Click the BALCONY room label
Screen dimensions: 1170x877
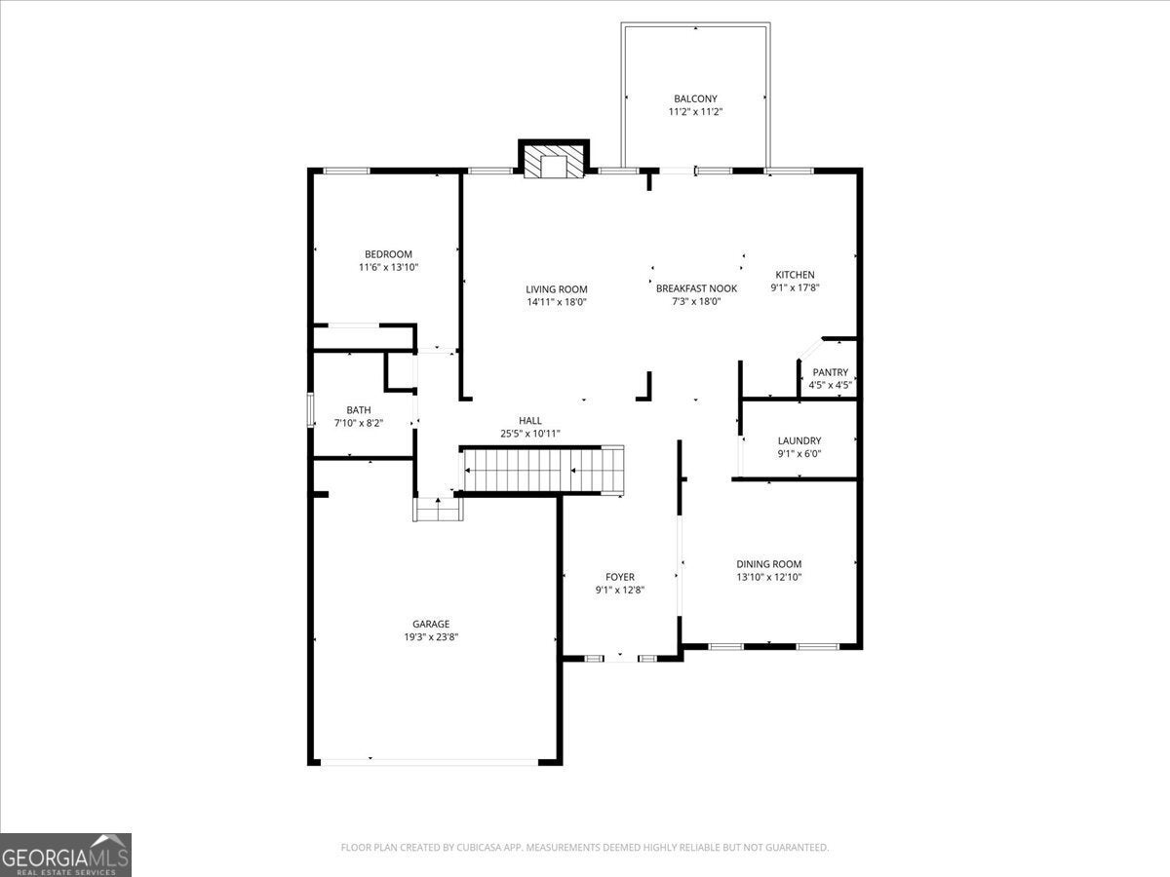(x=695, y=98)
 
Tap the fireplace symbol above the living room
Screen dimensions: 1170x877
(x=554, y=159)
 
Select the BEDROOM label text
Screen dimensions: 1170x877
(x=388, y=254)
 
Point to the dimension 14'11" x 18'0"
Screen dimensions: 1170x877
(x=557, y=302)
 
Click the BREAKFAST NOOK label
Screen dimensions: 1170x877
(x=696, y=288)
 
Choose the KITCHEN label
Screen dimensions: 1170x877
(x=795, y=275)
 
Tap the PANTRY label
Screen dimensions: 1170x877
(x=830, y=372)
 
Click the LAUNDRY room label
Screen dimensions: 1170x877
(x=799, y=440)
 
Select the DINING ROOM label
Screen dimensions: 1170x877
(x=768, y=564)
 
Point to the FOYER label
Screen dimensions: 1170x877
(x=620, y=577)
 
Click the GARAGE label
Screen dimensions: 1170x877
(x=431, y=624)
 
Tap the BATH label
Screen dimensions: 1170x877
(x=358, y=410)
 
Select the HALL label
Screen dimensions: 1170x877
(x=529, y=421)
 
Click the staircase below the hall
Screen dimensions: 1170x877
(x=541, y=471)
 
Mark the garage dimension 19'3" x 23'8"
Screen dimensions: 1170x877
(x=431, y=637)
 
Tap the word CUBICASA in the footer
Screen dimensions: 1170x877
(x=479, y=847)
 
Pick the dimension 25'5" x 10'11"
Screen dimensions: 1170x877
(x=529, y=434)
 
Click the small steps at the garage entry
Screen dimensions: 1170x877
(x=438, y=509)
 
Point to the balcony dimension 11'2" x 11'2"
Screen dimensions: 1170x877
(x=695, y=112)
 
